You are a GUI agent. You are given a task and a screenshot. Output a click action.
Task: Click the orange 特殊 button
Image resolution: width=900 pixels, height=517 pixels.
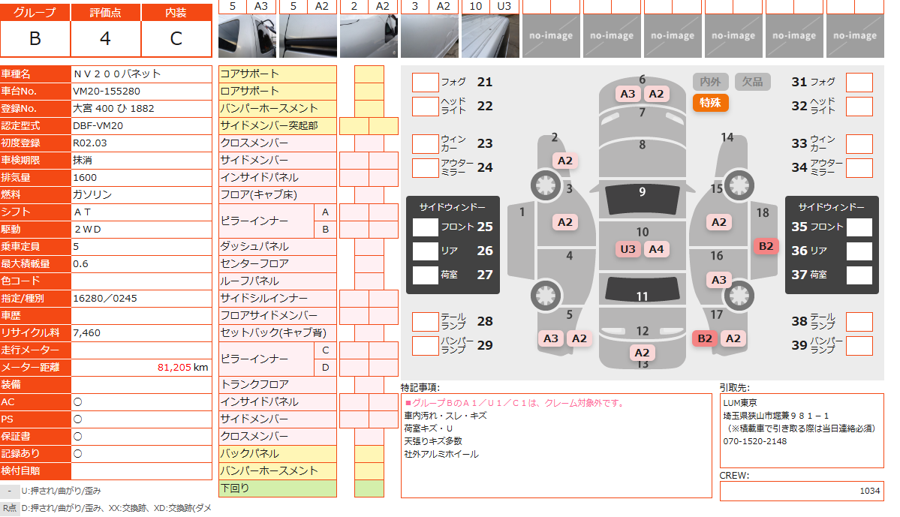pos(710,103)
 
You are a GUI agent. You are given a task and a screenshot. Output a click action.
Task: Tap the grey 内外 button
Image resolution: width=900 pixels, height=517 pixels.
pos(710,82)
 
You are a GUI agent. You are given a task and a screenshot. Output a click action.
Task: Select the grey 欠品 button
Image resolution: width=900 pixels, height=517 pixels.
pos(752,82)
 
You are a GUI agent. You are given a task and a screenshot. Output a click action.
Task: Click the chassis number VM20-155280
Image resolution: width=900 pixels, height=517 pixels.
pos(107,92)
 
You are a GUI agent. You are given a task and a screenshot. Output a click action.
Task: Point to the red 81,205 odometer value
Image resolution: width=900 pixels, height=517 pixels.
pos(174,367)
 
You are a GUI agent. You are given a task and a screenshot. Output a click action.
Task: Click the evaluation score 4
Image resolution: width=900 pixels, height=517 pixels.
pos(105,38)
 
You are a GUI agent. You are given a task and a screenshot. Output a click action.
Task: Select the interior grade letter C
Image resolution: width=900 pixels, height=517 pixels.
pos(176,38)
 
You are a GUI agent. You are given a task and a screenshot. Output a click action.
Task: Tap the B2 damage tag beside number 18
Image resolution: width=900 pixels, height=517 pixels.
pos(766,246)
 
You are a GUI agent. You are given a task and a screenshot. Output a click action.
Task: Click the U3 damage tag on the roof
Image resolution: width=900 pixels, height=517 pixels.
pos(628,249)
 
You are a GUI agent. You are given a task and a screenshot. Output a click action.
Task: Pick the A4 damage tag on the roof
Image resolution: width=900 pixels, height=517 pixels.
pos(656,249)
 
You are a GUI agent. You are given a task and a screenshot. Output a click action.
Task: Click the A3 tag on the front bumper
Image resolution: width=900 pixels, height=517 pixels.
pos(628,94)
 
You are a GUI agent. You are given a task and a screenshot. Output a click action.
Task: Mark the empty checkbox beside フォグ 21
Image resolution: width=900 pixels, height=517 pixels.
pos(426,82)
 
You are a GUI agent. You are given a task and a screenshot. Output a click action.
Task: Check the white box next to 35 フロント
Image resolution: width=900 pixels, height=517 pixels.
pos(859,227)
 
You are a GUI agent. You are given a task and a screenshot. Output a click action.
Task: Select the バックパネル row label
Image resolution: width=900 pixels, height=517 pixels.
pos(250,453)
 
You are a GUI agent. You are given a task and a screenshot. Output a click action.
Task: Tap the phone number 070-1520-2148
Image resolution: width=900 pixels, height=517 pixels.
pos(755,441)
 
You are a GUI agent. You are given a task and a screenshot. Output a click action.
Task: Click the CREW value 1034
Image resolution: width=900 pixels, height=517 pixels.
pos(869,491)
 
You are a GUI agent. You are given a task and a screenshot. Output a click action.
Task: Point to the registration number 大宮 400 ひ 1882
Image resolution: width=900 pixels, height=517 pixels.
pos(113,109)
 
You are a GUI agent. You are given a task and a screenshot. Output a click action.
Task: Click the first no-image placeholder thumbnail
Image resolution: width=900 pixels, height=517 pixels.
pos(551,35)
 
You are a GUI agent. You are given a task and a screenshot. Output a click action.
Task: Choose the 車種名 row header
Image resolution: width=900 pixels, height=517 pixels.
pos(16,74)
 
